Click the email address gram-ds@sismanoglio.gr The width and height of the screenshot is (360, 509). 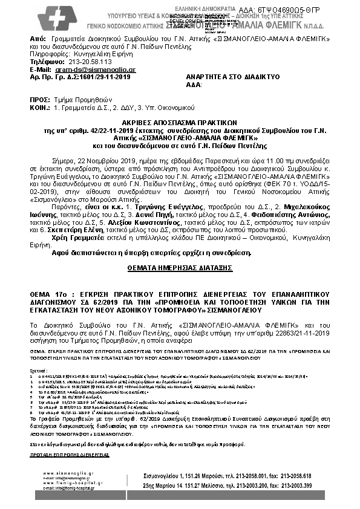(x=94, y=70)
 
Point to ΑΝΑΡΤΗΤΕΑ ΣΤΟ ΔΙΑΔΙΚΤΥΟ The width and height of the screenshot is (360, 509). (x=227, y=78)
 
